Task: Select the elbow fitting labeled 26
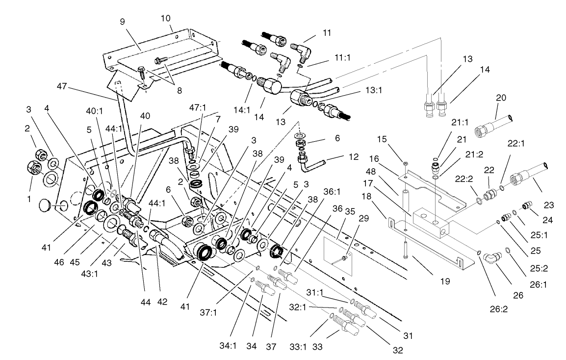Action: (491, 257)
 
